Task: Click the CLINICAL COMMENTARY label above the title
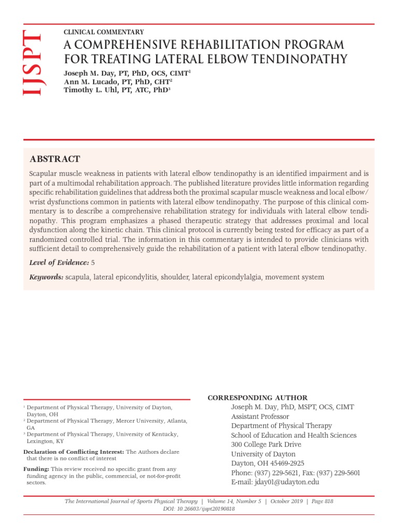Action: point(104,32)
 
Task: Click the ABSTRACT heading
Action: point(55,159)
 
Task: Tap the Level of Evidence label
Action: point(59,263)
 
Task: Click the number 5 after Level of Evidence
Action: point(93,263)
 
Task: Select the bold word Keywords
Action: point(46,277)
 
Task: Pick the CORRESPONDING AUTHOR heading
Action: point(258,398)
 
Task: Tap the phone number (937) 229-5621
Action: point(280,472)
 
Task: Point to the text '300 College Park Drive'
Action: point(266,444)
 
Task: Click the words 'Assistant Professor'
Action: point(260,416)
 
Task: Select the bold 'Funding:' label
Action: point(36,469)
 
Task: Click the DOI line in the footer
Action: point(198,509)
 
